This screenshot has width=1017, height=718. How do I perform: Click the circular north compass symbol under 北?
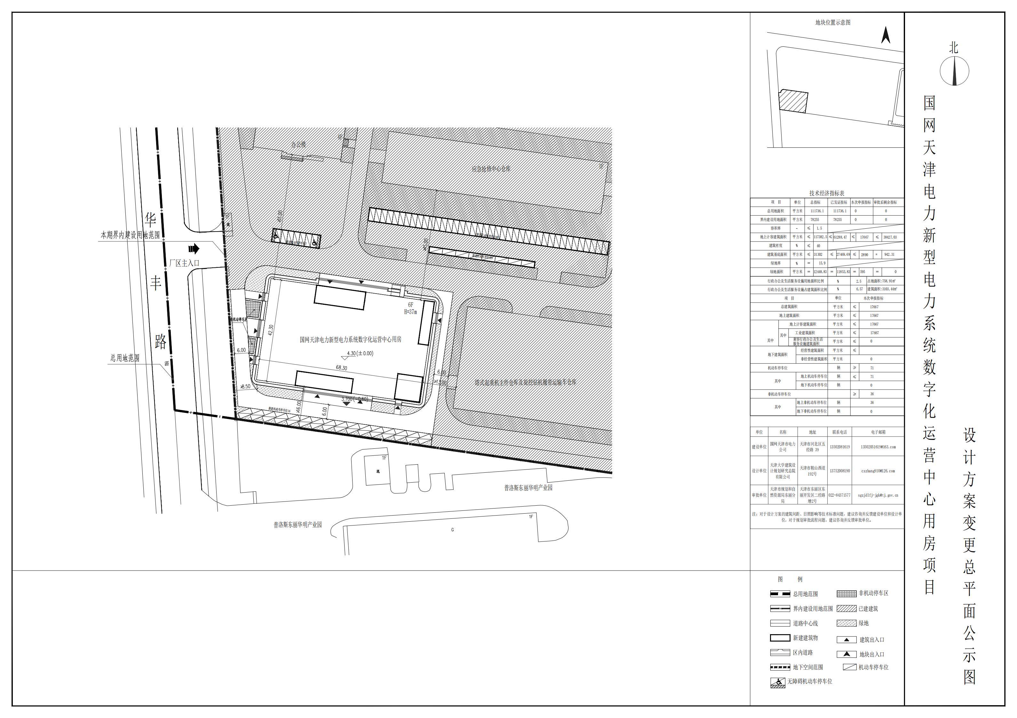click(954, 71)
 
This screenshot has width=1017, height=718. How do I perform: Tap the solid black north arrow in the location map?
click(886, 36)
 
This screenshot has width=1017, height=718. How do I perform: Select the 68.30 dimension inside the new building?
click(342, 368)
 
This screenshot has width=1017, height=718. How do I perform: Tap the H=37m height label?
click(410, 312)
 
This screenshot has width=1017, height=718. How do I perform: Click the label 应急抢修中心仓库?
click(491, 169)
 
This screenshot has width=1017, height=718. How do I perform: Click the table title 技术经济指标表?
click(827, 193)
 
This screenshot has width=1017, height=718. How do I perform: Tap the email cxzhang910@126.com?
click(878, 471)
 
